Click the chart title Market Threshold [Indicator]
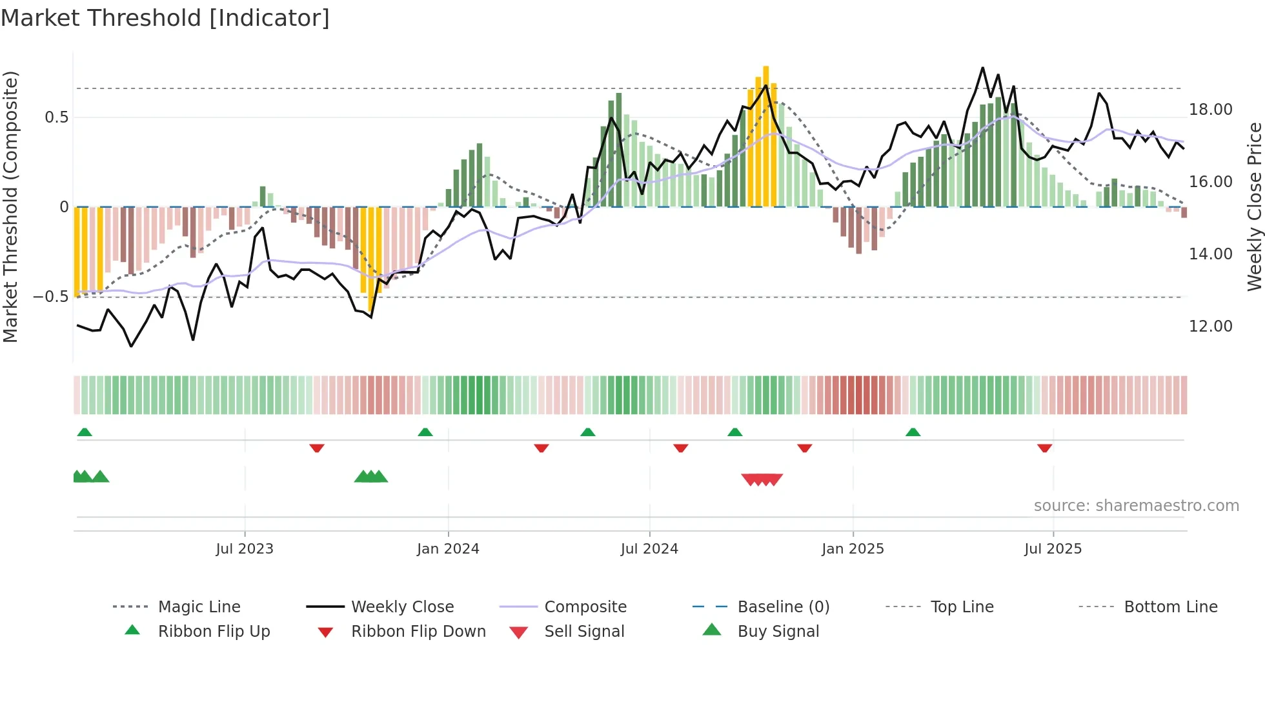(165, 18)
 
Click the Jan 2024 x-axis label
(448, 548)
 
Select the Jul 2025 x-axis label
(1053, 548)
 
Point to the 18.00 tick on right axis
(1210, 110)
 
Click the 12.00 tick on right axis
(1210, 326)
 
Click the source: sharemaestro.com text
(1136, 505)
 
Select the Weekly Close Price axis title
(1253, 206)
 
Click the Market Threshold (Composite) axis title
(10, 206)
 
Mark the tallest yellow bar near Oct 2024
(765, 135)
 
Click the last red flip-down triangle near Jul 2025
(1044, 448)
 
